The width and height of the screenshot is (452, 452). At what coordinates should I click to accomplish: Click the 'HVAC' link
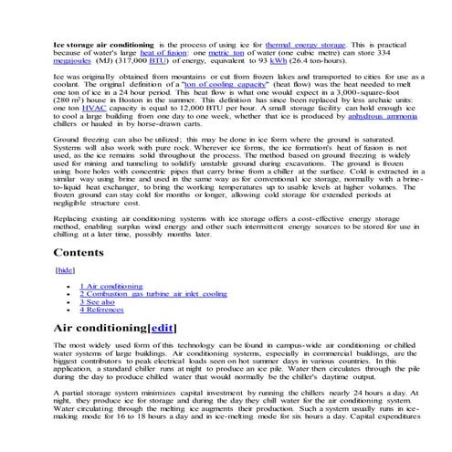coord(93,132)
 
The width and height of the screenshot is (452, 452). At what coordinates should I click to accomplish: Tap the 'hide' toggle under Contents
coord(65,271)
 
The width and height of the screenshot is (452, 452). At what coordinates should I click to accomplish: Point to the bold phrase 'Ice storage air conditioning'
coord(103,45)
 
